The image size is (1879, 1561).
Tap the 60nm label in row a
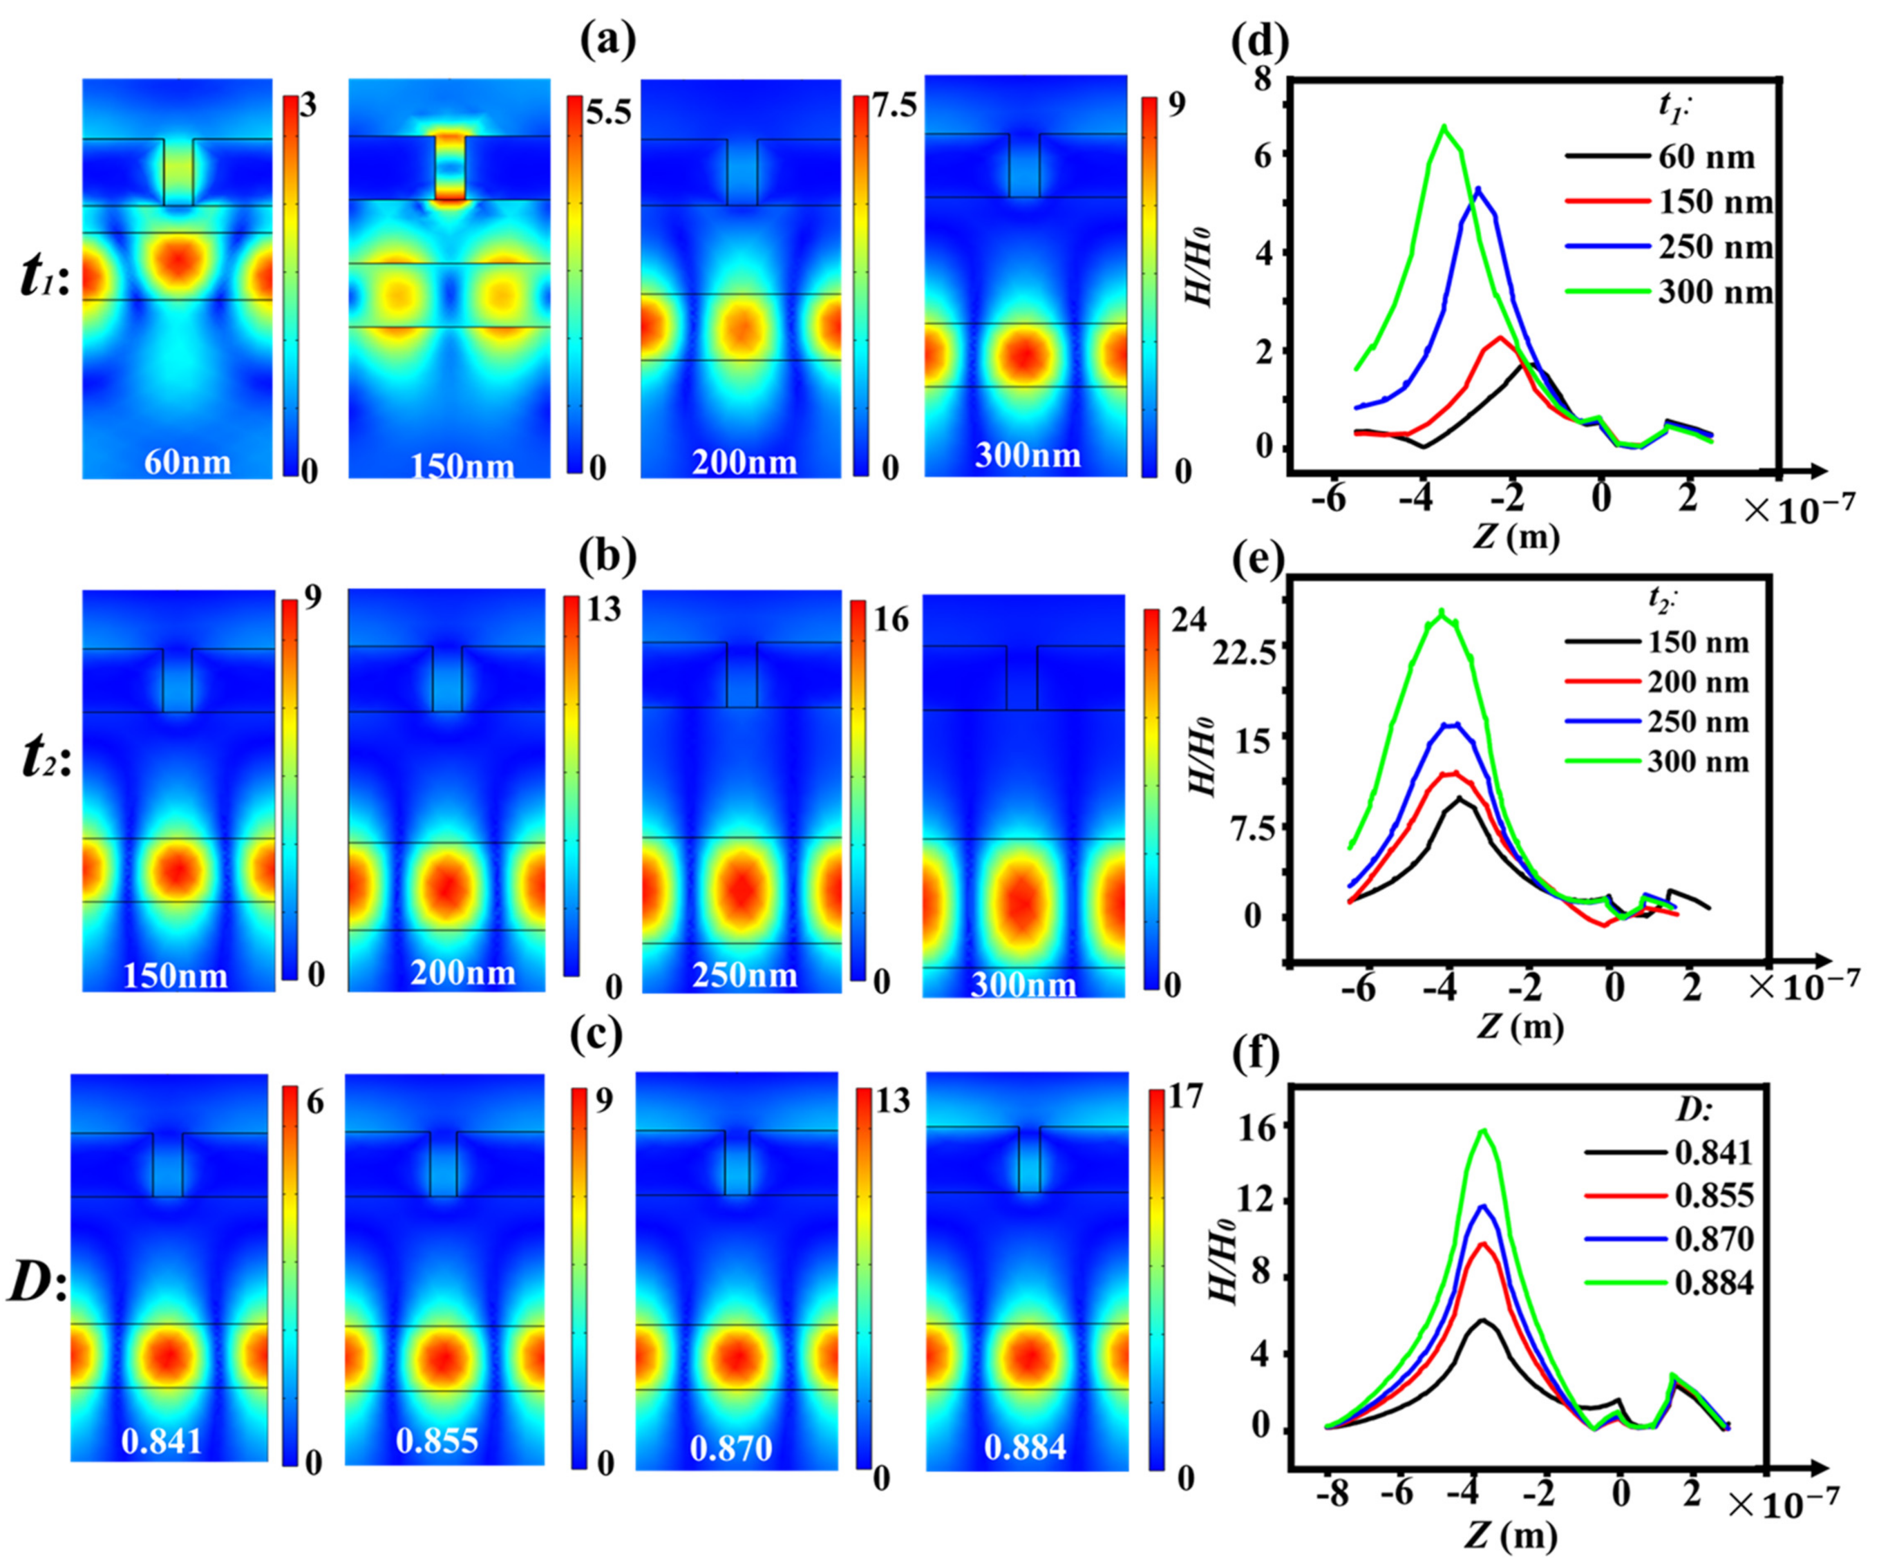[188, 462]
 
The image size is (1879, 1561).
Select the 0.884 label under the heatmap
[1026, 1446]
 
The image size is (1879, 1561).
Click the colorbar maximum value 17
[1187, 1095]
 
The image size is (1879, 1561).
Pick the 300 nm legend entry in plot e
[1697, 761]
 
